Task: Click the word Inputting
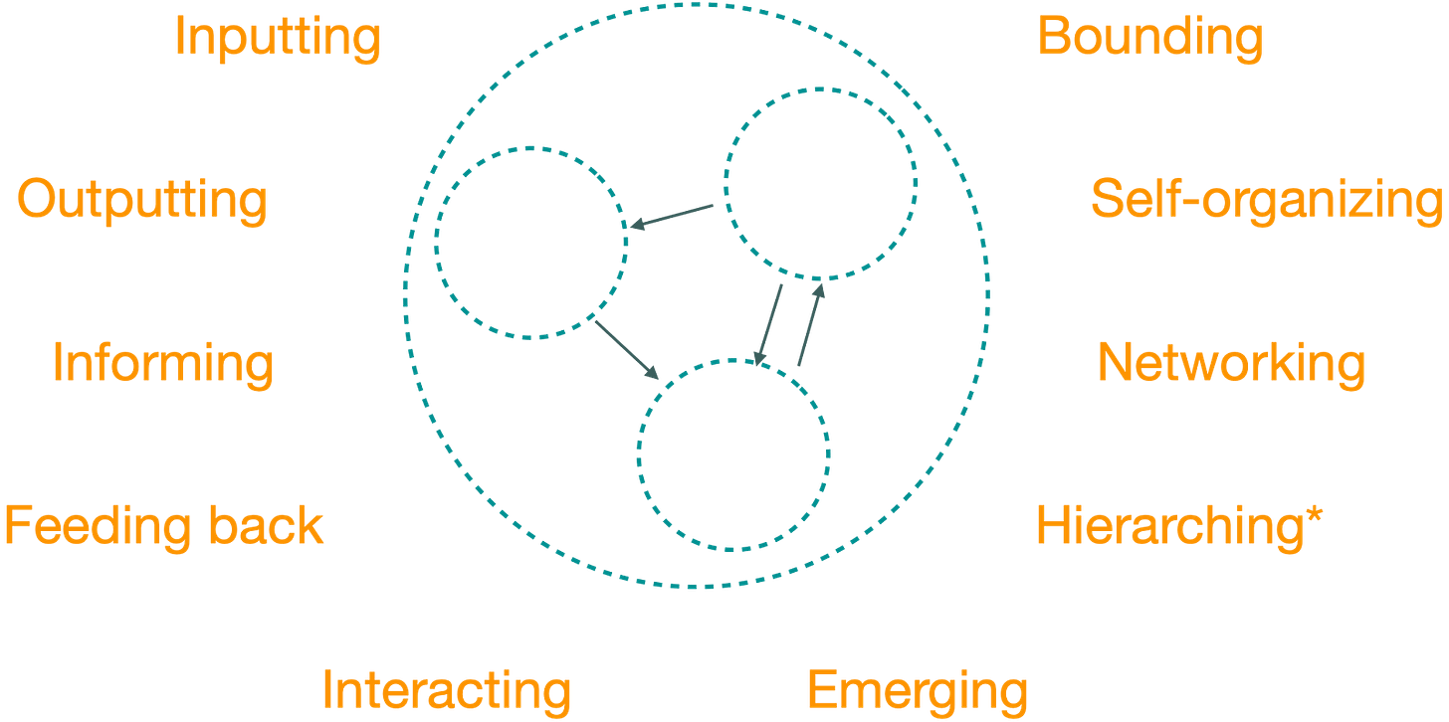(279, 37)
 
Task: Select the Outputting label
(142, 200)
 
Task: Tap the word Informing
(162, 363)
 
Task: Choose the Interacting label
(447, 689)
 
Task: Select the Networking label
(1232, 363)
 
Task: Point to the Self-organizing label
(1266, 200)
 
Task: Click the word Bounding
(1149, 37)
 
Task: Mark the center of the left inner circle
(532, 243)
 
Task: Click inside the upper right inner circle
(821, 184)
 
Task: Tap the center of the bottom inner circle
(733, 453)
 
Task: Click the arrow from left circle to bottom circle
(627, 349)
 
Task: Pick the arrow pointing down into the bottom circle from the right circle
(770, 324)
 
